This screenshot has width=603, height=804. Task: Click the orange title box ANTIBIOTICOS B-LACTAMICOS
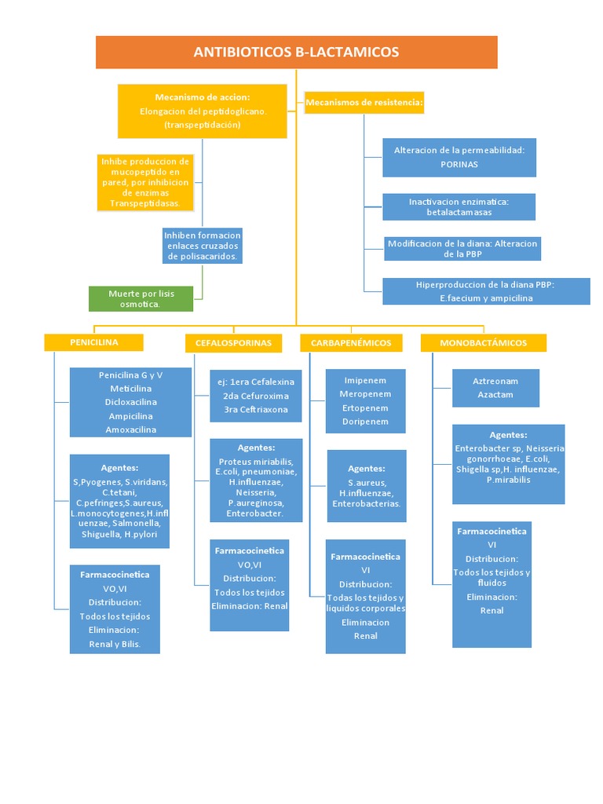click(296, 53)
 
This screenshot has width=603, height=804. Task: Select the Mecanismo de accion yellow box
click(203, 111)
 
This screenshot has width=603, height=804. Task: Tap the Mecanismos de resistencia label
click(364, 103)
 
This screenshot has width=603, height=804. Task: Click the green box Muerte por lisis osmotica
click(141, 298)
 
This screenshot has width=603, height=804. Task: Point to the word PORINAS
click(459, 165)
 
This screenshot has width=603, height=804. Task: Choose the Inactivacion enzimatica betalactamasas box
click(459, 207)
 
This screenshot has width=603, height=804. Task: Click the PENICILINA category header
click(93, 342)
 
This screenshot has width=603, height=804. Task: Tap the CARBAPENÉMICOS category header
click(351, 343)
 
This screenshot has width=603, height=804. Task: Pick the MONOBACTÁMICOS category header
click(483, 343)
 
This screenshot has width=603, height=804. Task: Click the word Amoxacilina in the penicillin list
click(130, 429)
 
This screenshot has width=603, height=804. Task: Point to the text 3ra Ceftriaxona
click(256, 409)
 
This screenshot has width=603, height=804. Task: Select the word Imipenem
click(365, 380)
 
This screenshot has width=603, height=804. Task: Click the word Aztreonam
click(495, 381)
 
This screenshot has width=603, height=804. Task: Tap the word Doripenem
click(365, 422)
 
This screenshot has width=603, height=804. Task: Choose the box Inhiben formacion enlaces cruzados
click(203, 246)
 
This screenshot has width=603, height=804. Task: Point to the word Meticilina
click(130, 388)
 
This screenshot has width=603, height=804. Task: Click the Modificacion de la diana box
click(462, 249)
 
